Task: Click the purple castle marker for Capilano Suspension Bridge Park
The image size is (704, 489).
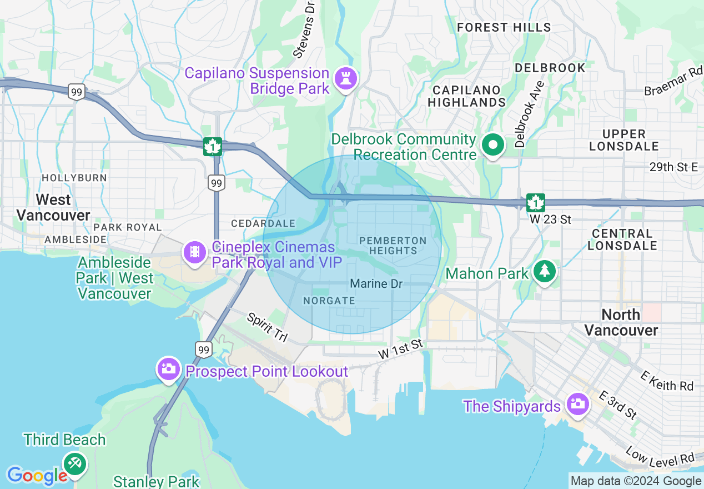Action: tap(346, 80)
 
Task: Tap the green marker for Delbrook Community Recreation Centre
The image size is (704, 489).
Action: tap(492, 146)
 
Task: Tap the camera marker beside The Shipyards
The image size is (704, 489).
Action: tap(577, 404)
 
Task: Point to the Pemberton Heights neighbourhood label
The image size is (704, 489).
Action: tap(393, 245)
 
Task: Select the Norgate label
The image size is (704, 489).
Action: tap(329, 301)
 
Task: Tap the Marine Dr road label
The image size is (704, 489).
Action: tap(376, 284)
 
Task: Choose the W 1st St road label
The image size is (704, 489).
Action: tap(401, 350)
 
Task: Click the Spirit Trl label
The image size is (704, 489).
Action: tap(266, 327)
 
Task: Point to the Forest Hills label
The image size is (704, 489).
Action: tap(504, 27)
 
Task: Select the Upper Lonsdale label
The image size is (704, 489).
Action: tap(624, 140)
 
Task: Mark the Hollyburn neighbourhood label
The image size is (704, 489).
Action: tap(74, 178)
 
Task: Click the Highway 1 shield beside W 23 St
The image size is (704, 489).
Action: tap(536, 203)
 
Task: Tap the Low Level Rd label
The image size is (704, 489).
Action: tap(661, 457)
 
